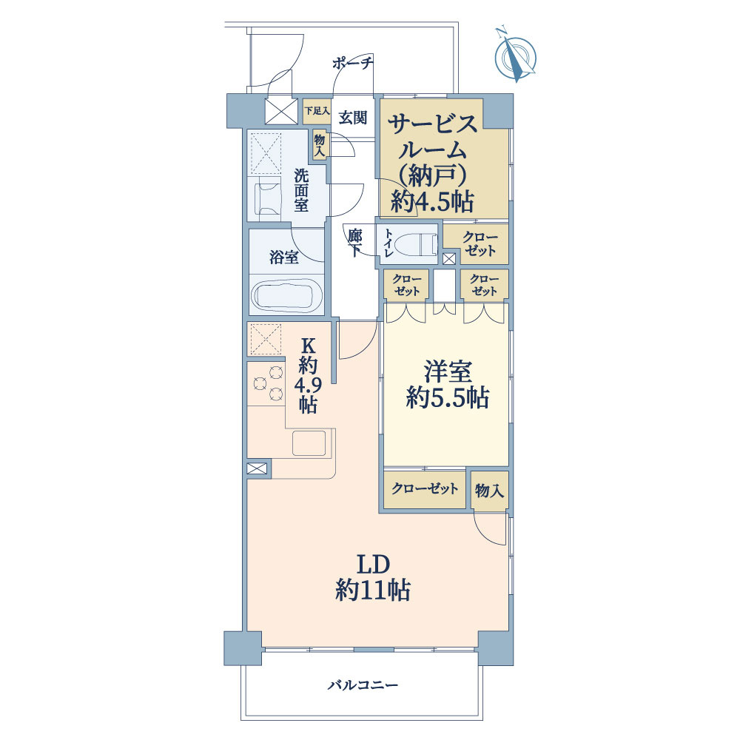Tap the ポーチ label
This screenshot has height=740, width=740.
(352, 64)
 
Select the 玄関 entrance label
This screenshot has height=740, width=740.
(353, 117)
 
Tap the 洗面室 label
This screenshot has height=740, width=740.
(301, 190)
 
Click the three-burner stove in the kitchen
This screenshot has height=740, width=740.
(268, 383)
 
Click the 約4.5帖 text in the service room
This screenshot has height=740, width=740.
(433, 201)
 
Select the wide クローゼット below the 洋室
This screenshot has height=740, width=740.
(425, 489)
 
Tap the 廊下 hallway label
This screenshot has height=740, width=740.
(355, 242)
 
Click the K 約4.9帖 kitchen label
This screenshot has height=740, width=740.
(308, 374)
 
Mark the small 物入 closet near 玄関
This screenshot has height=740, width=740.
(320, 144)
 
